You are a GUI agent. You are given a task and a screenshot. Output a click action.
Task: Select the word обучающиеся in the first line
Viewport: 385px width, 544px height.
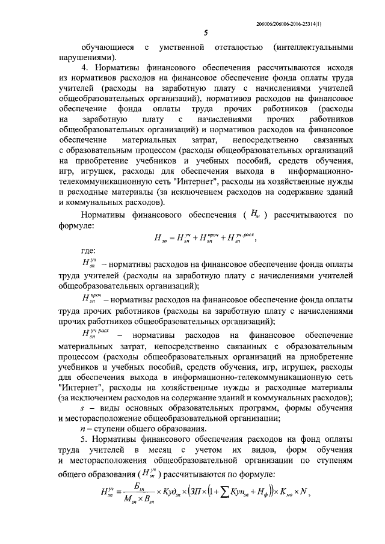106,46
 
